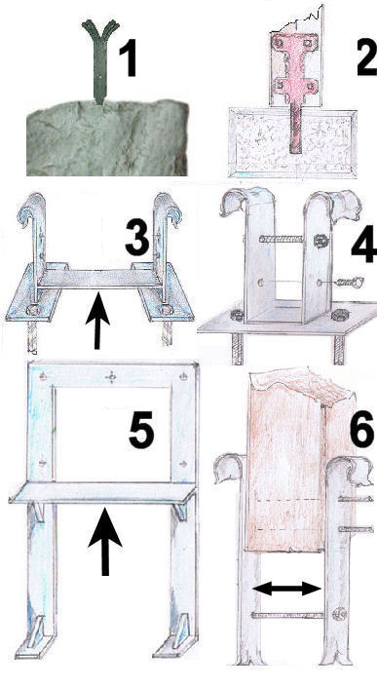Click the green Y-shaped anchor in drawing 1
(x=100, y=59)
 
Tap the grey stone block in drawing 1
(x=108, y=137)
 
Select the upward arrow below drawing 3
(x=97, y=321)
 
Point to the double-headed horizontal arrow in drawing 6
(x=287, y=589)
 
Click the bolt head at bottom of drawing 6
(x=339, y=614)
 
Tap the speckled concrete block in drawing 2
(x=292, y=143)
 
